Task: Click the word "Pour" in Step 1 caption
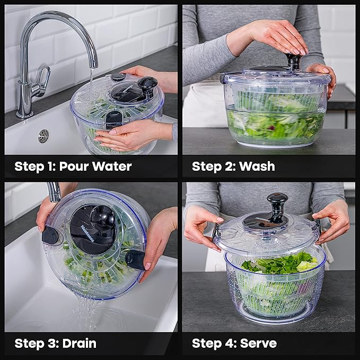click(x=74, y=166)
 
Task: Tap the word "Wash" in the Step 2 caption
click(x=257, y=166)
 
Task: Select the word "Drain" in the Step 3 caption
click(x=80, y=343)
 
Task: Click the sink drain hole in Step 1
click(x=43, y=136)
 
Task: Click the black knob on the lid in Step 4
click(x=277, y=205)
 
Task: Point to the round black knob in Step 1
click(x=147, y=84)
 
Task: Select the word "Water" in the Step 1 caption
click(x=111, y=166)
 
